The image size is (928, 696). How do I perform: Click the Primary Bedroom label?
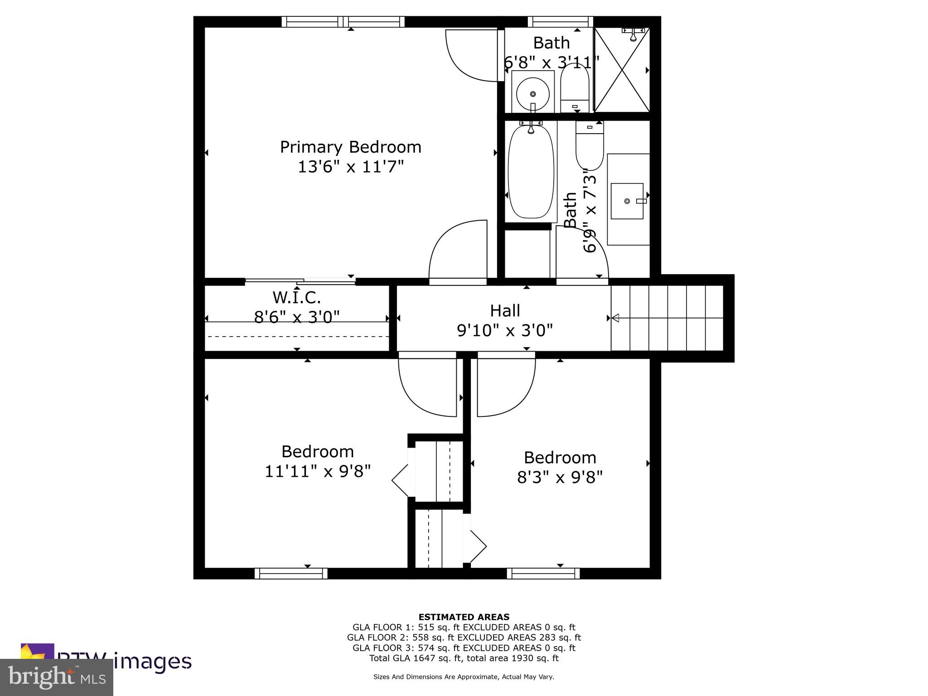(x=350, y=147)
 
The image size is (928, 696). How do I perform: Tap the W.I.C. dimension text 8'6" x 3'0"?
(x=297, y=317)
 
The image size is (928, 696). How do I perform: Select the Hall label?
(x=505, y=311)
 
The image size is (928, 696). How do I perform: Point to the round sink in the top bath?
(x=533, y=94)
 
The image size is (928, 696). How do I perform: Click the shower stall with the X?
(x=622, y=70)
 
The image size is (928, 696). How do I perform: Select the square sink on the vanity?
(x=627, y=201)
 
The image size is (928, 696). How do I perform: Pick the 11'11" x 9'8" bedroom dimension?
(x=318, y=471)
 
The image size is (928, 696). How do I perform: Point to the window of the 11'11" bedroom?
(x=291, y=574)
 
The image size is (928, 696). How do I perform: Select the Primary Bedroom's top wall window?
(x=343, y=22)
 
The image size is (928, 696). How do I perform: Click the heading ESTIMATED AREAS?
(x=464, y=617)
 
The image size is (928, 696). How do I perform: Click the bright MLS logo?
(x=57, y=677)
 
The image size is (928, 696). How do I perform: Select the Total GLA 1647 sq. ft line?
(x=464, y=658)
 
